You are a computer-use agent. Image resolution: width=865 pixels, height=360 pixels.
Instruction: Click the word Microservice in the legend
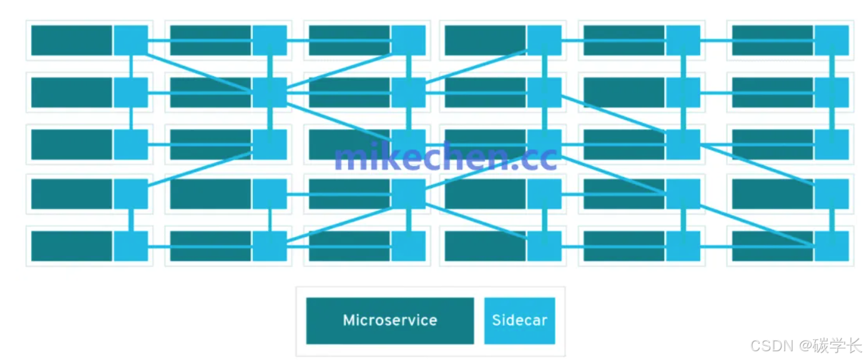pyautogui.click(x=390, y=321)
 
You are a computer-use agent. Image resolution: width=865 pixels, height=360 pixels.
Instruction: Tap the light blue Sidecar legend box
pyautogui.click(x=519, y=321)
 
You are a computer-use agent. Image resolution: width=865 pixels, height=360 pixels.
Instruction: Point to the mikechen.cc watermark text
pyautogui.click(x=445, y=157)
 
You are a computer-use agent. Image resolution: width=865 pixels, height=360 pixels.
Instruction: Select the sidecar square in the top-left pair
pyautogui.click(x=131, y=41)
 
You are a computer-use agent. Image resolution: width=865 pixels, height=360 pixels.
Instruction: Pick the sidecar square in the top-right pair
pyautogui.click(x=831, y=41)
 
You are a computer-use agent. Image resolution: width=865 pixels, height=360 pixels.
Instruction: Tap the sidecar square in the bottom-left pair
pyautogui.click(x=131, y=246)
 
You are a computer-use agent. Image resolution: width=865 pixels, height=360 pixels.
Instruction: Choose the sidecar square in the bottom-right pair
pyautogui.click(x=831, y=246)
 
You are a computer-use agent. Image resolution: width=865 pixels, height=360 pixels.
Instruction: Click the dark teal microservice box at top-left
pyautogui.click(x=72, y=41)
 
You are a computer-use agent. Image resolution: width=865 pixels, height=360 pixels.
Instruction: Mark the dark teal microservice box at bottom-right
pyautogui.click(x=772, y=246)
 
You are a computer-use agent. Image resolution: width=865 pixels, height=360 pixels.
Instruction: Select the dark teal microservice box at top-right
pyautogui.click(x=772, y=41)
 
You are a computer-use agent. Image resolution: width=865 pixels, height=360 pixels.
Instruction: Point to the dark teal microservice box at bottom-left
pyautogui.click(x=72, y=246)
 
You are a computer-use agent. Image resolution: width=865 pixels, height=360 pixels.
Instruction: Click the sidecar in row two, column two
pyautogui.click(x=270, y=92)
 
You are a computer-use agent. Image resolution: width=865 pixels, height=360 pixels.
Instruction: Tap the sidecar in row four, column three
pyautogui.click(x=408, y=193)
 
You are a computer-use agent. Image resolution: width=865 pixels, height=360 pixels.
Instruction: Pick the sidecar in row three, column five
pyautogui.click(x=683, y=144)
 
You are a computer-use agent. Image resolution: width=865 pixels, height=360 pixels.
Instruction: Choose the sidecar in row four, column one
pyautogui.click(x=131, y=193)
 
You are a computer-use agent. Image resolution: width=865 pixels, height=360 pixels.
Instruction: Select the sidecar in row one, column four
pyautogui.click(x=544, y=41)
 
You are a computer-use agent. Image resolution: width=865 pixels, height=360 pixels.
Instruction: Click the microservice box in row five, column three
pyautogui.click(x=349, y=246)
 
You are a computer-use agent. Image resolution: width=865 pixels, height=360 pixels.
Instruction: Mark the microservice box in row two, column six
pyautogui.click(x=772, y=92)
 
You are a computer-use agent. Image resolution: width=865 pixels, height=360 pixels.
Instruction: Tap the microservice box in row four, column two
pyautogui.click(x=210, y=193)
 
